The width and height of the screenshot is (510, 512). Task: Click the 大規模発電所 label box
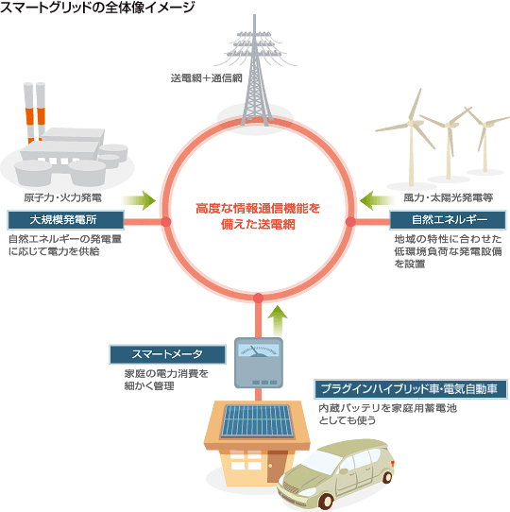pyautogui.click(x=65, y=220)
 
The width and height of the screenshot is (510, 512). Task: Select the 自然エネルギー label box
pyautogui.click(x=448, y=220)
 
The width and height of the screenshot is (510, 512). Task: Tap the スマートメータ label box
pyautogui.click(x=167, y=354)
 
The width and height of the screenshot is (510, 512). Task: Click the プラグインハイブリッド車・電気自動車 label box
pyautogui.click(x=411, y=389)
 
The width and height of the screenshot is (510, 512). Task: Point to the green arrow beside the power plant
pyautogui.click(x=139, y=200)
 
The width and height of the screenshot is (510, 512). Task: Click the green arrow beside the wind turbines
pyautogui.click(x=377, y=200)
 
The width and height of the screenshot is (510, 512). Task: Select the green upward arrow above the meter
pyautogui.click(x=278, y=320)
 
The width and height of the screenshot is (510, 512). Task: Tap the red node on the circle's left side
pyautogui.click(x=165, y=222)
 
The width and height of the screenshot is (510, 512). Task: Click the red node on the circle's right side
pyautogui.click(x=350, y=222)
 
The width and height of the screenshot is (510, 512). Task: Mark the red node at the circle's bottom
pyautogui.click(x=258, y=299)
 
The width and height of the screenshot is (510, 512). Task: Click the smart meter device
pyautogui.click(x=259, y=363)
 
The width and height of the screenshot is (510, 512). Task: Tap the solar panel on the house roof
pyautogui.click(x=258, y=421)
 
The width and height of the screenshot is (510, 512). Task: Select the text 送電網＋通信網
pyautogui.click(x=206, y=78)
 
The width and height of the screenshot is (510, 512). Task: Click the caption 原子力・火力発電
pyautogui.click(x=62, y=197)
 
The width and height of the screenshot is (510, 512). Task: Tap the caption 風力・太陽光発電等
pyautogui.click(x=449, y=197)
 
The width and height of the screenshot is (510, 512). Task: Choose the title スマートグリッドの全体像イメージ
pyautogui.click(x=97, y=8)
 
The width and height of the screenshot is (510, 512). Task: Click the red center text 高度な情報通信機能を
pyautogui.click(x=258, y=209)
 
